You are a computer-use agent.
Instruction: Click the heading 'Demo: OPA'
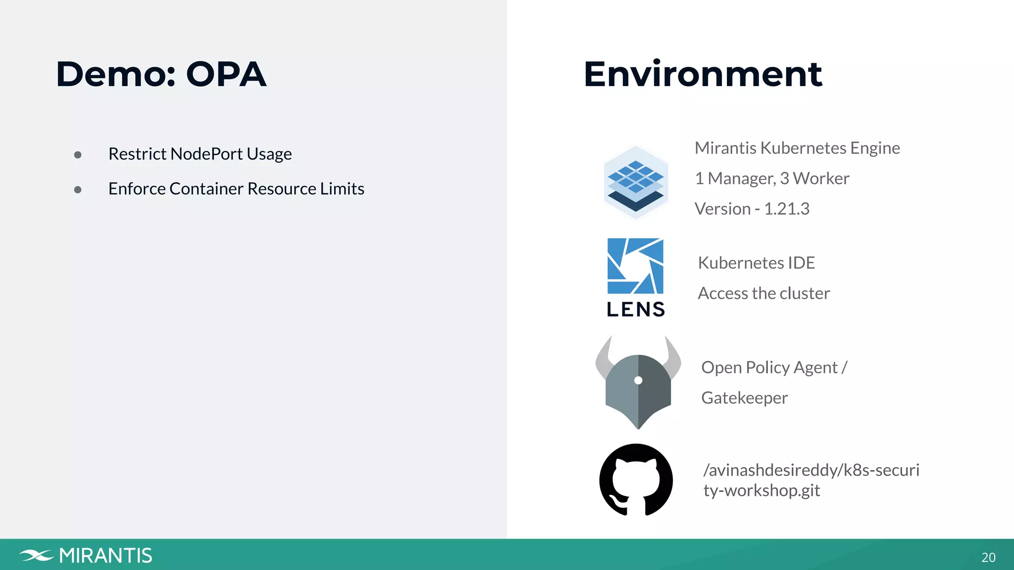coord(161,74)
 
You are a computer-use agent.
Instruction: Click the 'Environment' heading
coord(703,74)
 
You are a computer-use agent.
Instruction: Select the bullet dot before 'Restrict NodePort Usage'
coord(78,155)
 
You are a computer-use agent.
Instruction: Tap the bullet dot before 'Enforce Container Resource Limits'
coord(78,190)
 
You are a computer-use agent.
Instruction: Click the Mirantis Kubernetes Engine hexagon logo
coord(636,183)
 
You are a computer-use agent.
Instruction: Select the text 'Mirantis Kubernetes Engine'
coord(797,148)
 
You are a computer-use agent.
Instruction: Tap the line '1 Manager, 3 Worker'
coord(772,178)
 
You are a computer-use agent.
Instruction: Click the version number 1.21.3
coord(787,209)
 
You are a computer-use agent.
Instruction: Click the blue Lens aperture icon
coord(635,266)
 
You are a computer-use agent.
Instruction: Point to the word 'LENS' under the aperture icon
coord(636,309)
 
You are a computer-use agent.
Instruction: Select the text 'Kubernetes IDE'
coord(756,263)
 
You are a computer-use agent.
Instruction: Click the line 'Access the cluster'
coord(763,293)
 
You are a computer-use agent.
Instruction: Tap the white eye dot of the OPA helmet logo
coord(638,380)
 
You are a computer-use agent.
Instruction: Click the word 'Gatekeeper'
coord(744,398)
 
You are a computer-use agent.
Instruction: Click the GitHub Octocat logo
coord(636,479)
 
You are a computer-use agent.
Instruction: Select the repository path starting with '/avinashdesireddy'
coord(811,479)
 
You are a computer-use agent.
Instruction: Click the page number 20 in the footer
coord(988,558)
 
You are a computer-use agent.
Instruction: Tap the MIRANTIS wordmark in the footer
coord(105,556)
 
